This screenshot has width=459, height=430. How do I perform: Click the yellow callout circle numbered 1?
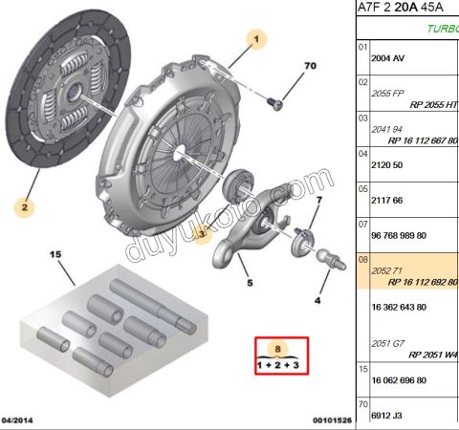point(255,39)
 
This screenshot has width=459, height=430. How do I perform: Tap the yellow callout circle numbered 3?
point(202,233)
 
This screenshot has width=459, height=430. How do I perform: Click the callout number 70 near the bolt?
point(309,66)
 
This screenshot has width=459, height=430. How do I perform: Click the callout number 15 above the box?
point(55,254)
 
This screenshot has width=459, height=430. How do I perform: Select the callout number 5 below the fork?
point(248,283)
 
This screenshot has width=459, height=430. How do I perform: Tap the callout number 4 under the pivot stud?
point(317,300)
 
